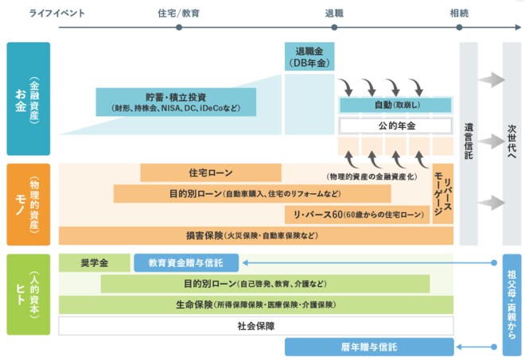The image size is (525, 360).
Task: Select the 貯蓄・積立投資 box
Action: tap(177, 101)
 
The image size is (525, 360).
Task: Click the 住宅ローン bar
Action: tap(211, 172)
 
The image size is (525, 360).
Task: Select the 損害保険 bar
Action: tap(256, 235)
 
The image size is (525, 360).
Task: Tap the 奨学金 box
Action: tap(94, 261)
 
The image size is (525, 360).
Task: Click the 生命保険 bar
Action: tap(256, 304)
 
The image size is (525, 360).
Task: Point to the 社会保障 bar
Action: tap(256, 325)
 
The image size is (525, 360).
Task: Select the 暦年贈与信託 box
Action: tap(369, 346)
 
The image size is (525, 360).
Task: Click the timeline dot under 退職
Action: tap(334, 28)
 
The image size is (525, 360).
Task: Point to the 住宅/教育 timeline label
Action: tap(178, 13)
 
